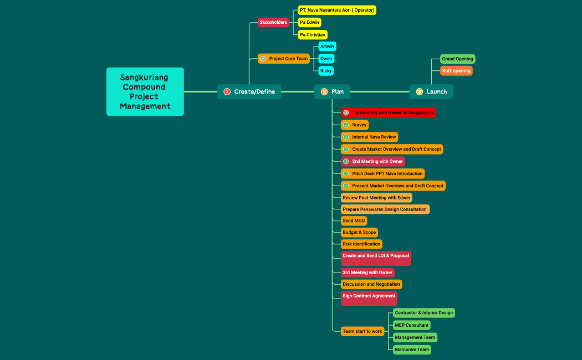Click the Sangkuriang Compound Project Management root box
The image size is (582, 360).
click(x=145, y=91)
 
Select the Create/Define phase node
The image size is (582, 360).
click(x=249, y=91)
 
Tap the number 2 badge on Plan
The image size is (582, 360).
click(x=324, y=91)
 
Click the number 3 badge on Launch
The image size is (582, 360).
click(x=420, y=91)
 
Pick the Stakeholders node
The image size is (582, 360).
click(x=273, y=22)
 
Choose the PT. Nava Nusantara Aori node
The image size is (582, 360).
click(x=337, y=10)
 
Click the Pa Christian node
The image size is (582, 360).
click(x=313, y=34)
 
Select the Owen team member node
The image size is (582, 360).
click(x=326, y=59)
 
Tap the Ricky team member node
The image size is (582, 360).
click(x=326, y=71)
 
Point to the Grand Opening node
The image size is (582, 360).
click(x=457, y=59)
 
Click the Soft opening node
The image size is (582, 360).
click(x=456, y=71)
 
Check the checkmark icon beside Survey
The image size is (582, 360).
click(x=346, y=125)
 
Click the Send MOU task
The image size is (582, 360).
click(x=354, y=220)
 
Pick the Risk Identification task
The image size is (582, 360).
click(x=361, y=244)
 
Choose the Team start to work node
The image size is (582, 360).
click(x=363, y=331)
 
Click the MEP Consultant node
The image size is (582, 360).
click(x=411, y=325)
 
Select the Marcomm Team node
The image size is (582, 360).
click(x=412, y=349)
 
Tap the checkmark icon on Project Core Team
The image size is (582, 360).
click(x=263, y=59)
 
